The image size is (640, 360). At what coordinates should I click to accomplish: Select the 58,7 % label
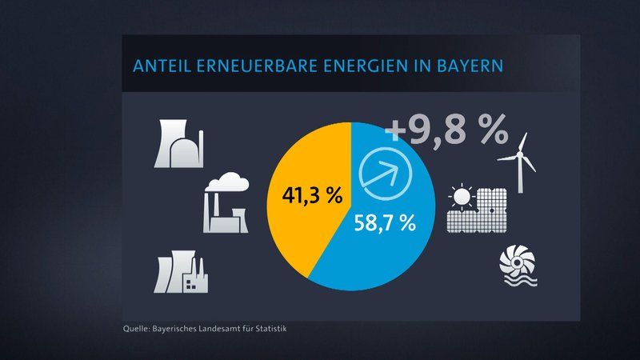tap(386, 224)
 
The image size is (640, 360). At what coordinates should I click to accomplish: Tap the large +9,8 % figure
tap(446, 130)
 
